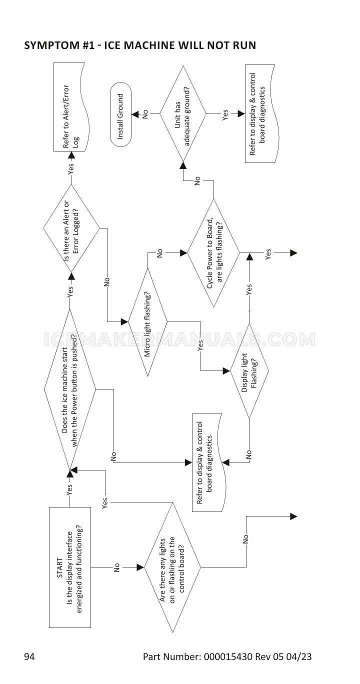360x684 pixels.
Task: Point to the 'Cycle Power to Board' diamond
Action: [214, 253]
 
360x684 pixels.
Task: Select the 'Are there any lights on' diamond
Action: [172, 567]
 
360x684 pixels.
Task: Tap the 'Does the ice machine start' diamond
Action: [70, 388]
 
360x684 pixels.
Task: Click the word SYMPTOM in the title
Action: [48, 45]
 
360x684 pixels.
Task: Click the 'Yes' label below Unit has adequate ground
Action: [224, 116]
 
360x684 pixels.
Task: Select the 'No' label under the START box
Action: [116, 567]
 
